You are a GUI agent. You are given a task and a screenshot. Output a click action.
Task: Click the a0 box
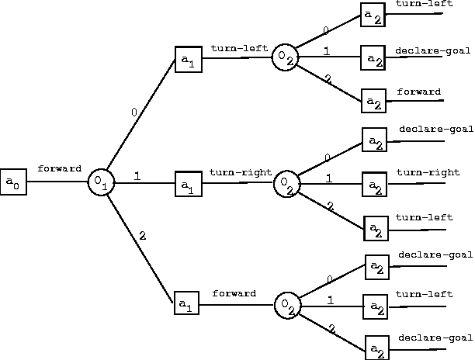click(13, 182)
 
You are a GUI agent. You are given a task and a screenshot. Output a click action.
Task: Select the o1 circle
click(101, 182)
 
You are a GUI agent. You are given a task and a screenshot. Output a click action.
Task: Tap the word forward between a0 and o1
click(59, 168)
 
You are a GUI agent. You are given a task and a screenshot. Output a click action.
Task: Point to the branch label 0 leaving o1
click(133, 112)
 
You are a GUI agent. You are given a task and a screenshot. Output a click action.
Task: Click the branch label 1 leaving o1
click(137, 176)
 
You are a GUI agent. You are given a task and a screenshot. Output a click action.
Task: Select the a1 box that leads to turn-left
click(188, 59)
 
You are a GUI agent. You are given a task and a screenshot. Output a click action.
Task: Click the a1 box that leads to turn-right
click(187, 184)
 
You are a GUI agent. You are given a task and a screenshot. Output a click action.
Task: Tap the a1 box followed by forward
click(186, 303)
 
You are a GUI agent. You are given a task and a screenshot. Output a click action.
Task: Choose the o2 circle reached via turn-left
click(285, 57)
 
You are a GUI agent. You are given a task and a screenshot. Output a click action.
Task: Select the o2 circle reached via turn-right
click(286, 183)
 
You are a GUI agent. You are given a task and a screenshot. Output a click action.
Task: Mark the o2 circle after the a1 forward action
click(286, 304)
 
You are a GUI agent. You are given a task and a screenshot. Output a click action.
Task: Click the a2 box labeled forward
click(374, 100)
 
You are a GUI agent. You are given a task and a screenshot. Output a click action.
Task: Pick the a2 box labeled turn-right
click(375, 185)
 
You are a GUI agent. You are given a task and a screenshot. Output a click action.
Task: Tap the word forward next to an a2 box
click(419, 92)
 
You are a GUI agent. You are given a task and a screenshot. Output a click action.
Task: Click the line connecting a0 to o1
click(57, 182)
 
